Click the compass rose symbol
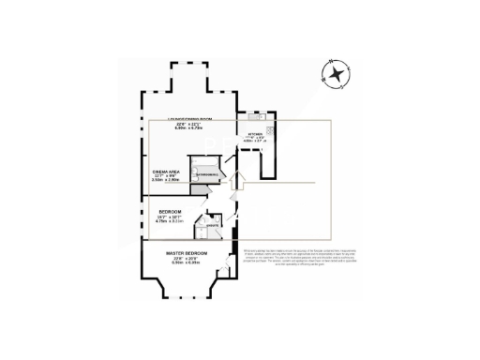click(x=334, y=73)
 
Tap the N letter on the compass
click(x=345, y=67)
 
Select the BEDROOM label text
click(x=171, y=212)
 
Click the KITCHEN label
click(x=256, y=135)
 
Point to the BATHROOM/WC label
click(x=207, y=174)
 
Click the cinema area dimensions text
click(x=171, y=179)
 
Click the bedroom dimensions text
click(x=171, y=219)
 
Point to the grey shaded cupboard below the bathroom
click(x=198, y=190)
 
